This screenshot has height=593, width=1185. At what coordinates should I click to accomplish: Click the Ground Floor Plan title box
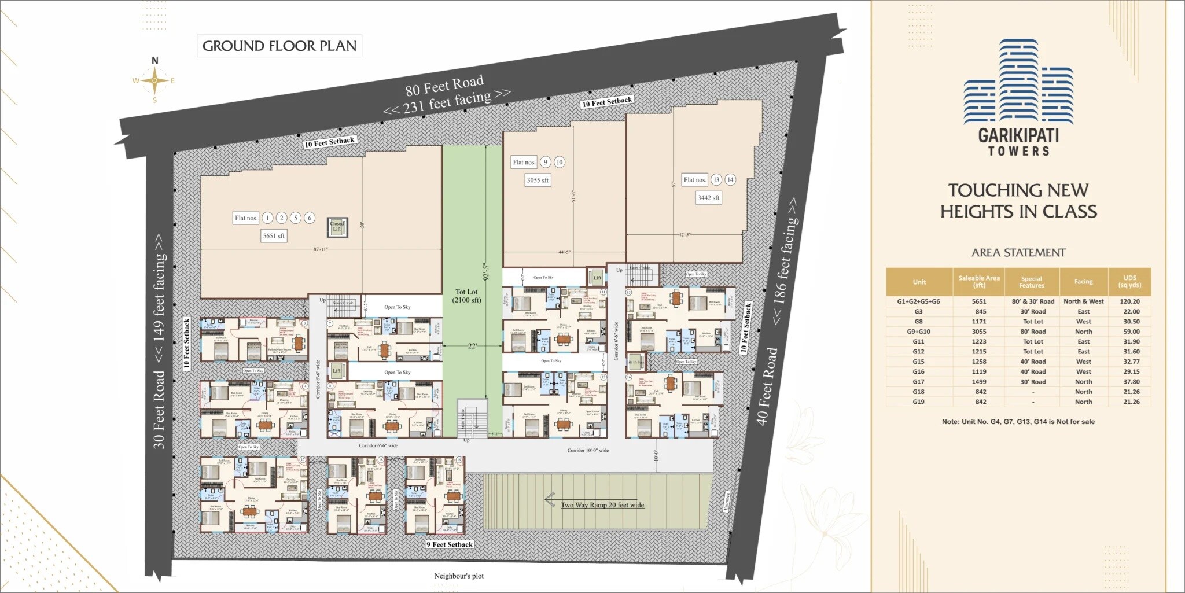(279, 46)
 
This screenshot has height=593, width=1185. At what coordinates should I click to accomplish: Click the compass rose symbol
(154, 80)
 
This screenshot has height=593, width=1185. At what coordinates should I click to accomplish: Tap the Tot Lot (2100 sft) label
(466, 296)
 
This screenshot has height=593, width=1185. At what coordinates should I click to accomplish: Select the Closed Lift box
(337, 226)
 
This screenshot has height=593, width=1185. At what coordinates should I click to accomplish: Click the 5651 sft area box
(274, 236)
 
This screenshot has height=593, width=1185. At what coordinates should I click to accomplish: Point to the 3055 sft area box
(537, 180)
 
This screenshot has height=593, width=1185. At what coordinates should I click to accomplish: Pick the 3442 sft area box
(708, 198)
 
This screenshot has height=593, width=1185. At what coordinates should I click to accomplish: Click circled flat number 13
(716, 180)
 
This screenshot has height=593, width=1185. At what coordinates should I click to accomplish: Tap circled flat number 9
(545, 163)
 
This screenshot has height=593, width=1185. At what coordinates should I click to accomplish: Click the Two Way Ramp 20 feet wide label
(602, 505)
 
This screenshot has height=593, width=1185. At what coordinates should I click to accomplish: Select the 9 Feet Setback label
(450, 544)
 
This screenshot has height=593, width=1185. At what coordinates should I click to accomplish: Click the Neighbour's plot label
(459, 576)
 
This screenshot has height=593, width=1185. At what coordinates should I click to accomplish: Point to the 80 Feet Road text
(444, 86)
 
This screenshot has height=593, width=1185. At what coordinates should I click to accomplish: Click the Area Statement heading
(1018, 253)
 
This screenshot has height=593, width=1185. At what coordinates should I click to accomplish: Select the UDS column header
(1129, 281)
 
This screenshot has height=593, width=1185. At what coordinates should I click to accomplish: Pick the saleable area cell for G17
(979, 382)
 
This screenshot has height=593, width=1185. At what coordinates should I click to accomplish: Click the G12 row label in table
(918, 352)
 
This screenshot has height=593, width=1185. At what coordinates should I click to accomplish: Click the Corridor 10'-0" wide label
(588, 450)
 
